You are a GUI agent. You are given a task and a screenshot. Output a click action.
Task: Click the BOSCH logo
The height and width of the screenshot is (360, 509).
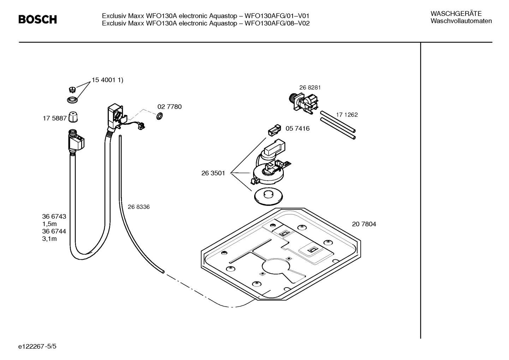tap(37, 19)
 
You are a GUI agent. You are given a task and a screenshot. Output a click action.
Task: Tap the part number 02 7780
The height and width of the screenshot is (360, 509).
tap(169, 107)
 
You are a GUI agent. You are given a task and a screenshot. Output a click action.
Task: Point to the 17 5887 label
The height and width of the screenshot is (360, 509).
tap(55, 118)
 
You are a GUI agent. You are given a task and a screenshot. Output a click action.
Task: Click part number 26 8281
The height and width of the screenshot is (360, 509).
tap(310, 88)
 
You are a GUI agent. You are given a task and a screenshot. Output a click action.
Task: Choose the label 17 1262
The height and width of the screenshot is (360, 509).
tap(347, 115)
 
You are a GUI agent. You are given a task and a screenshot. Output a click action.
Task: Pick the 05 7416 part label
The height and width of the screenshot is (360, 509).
tap(297, 129)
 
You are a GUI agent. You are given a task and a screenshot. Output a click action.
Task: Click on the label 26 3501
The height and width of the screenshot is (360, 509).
tap(213, 173)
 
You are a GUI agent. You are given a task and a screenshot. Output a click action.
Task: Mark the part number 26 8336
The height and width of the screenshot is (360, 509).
tap(138, 207)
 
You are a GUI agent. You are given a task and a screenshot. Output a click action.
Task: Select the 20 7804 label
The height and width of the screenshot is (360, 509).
tap(364, 224)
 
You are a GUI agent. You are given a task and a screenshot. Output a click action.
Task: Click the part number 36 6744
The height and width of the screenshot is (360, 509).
tap(54, 231)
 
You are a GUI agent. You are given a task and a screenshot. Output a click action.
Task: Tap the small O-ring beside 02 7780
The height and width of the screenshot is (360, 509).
tap(159, 116)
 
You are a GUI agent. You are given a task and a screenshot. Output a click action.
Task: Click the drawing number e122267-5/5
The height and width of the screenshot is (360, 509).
tap(37, 347)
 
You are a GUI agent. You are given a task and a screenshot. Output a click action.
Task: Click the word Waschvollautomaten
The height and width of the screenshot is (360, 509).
tap(461, 21)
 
